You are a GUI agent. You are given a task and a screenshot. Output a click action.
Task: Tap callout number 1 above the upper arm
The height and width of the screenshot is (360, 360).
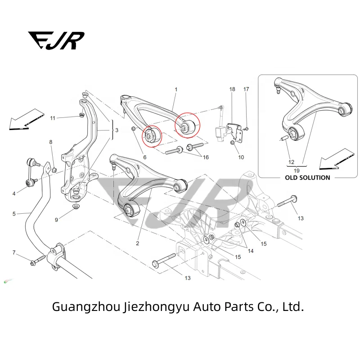click(176, 90)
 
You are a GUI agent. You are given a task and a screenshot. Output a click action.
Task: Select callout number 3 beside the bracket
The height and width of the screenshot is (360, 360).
click(117, 130)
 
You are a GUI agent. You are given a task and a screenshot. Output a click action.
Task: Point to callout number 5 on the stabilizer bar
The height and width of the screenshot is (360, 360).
click(14, 214)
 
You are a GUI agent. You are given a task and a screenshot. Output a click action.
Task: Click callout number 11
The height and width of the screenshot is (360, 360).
click(53, 118)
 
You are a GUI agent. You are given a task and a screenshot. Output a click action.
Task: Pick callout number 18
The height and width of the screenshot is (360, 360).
click(232, 90)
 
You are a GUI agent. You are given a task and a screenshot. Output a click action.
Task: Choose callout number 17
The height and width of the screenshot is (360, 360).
click(246, 90)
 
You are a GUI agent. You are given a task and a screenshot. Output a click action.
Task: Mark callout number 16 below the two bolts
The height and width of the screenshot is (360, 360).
click(206, 157)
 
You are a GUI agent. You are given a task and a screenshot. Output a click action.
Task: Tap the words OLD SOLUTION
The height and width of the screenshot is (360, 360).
click(307, 178)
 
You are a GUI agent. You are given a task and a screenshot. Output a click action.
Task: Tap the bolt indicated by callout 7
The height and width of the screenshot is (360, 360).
click(37, 261)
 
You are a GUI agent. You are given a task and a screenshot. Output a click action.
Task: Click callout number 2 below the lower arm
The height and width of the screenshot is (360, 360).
click(138, 243)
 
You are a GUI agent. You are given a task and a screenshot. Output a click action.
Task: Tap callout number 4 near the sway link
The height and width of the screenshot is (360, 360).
click(14, 193)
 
